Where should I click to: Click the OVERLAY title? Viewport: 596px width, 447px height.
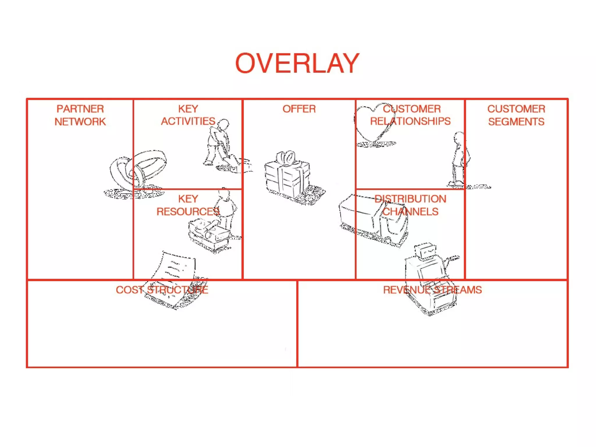[297, 63]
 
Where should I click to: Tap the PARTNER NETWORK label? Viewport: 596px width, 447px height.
[80, 115]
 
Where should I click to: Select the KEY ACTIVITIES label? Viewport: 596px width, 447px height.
[188, 115]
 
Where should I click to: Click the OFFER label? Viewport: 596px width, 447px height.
[299, 109]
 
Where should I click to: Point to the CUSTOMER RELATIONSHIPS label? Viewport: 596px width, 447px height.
[410, 115]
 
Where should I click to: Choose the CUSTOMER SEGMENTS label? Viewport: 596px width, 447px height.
[516, 115]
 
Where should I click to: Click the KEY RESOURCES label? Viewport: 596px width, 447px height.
[188, 205]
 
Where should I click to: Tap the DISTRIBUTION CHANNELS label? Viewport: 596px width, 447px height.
[410, 205]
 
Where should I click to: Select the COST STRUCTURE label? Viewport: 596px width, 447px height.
[162, 290]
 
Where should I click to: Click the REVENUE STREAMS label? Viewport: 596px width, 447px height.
[432, 290]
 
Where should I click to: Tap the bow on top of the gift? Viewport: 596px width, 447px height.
[288, 159]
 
